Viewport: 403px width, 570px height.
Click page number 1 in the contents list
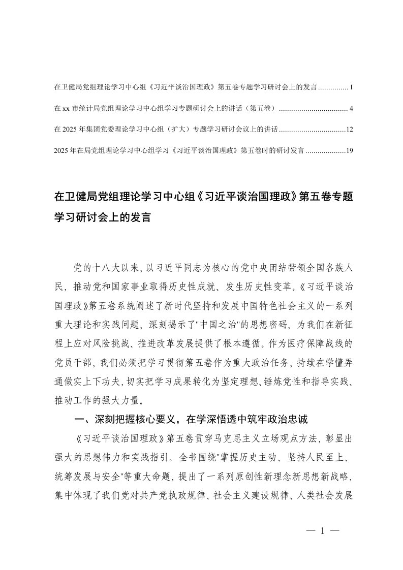(351, 88)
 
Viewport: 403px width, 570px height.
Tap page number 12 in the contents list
(349, 130)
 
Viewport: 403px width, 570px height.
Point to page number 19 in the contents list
(349, 150)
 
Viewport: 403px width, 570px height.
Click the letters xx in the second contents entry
(66, 109)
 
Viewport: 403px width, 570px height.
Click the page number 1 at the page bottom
(323, 531)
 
